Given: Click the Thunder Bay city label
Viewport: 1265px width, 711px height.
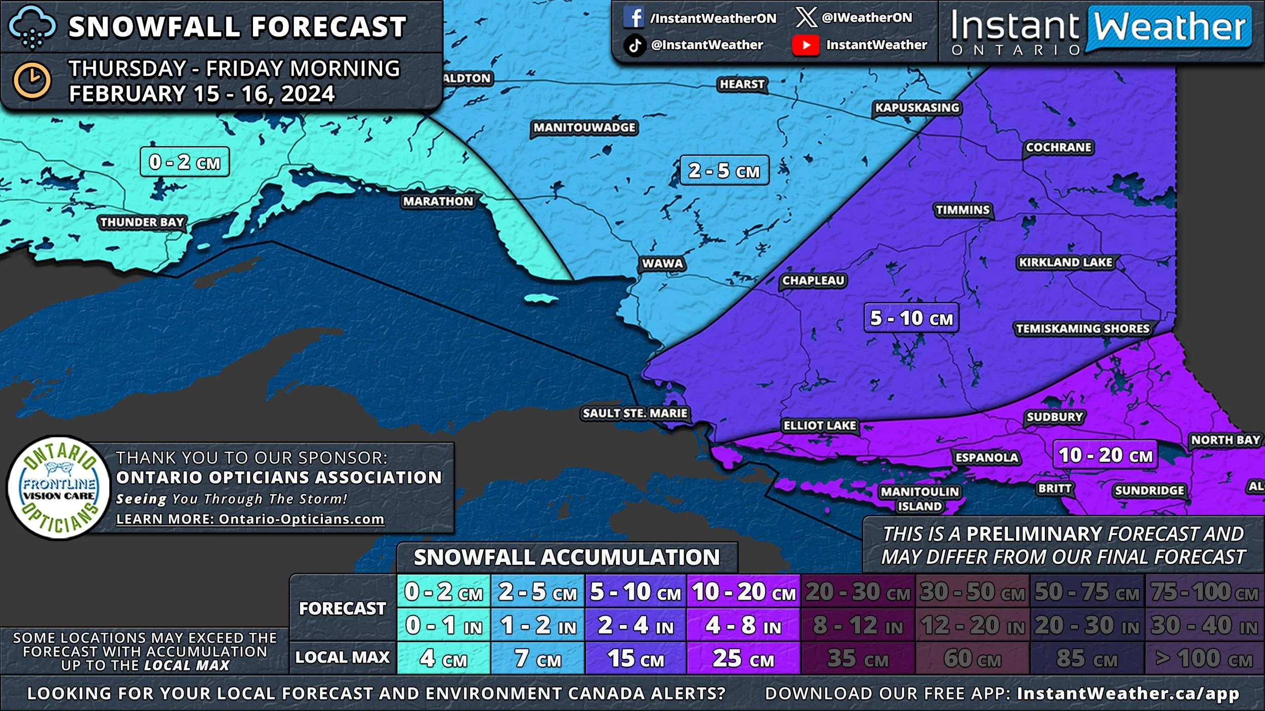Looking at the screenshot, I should click(x=142, y=222).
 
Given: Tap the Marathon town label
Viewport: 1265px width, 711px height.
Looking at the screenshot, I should click(x=438, y=201).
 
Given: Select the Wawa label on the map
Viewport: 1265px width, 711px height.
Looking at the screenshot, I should click(x=662, y=263).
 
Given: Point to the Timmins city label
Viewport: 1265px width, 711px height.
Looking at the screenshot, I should click(x=962, y=210).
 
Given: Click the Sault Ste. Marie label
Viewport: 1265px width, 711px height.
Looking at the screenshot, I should click(x=635, y=413).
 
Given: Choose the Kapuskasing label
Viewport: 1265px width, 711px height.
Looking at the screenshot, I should click(x=917, y=108).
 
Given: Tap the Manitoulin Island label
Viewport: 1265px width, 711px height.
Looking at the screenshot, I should click(x=919, y=499).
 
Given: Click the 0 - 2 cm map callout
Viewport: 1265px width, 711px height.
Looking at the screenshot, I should click(x=185, y=162).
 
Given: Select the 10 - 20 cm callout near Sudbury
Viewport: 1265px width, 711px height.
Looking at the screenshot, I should click(x=1105, y=455).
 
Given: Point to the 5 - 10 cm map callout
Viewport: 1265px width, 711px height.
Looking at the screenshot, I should click(x=911, y=318).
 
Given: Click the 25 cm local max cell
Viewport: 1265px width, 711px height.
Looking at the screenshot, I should click(x=743, y=658).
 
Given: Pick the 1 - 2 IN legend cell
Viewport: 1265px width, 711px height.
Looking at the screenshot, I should click(x=538, y=626).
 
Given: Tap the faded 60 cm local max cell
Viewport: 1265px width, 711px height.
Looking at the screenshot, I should click(x=972, y=658).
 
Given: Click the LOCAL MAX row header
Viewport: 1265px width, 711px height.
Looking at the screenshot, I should click(x=343, y=657).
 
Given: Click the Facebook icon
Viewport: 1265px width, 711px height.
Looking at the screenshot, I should click(x=634, y=18).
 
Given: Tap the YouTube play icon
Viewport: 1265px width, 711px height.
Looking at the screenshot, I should click(x=806, y=45).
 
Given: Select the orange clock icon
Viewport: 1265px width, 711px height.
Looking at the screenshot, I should click(x=32, y=80).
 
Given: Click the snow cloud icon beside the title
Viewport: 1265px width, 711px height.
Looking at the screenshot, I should click(x=32, y=27).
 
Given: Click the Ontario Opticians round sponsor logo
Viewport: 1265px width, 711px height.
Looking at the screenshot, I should click(x=59, y=488).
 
